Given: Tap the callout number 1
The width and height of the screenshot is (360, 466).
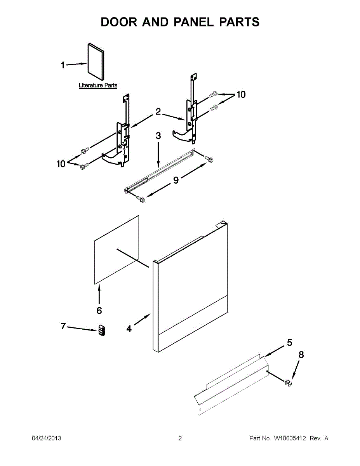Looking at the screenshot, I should [63, 65].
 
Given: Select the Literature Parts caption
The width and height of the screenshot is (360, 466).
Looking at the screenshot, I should [98, 85].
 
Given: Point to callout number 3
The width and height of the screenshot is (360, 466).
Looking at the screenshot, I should [158, 136].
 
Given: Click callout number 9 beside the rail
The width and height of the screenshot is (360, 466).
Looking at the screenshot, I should [176, 180].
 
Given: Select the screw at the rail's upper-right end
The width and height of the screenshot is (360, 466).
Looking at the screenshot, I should [209, 158].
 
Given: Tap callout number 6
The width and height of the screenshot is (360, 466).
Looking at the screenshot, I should [99, 310].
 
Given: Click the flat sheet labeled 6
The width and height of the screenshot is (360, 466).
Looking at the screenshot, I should [117, 250].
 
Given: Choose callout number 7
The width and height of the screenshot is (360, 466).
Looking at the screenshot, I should [63, 326].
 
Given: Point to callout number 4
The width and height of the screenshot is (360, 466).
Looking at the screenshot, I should [129, 329].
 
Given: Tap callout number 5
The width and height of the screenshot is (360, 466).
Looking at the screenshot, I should [290, 343].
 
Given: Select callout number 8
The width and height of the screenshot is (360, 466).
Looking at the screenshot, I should [301, 354].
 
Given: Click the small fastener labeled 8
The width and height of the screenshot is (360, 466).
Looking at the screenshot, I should [288, 383].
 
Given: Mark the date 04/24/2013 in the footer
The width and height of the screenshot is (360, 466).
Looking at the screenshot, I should [46, 438].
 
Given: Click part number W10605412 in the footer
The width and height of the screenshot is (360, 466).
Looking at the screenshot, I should [290, 438].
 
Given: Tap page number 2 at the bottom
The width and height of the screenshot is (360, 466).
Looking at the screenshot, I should [180, 438].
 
